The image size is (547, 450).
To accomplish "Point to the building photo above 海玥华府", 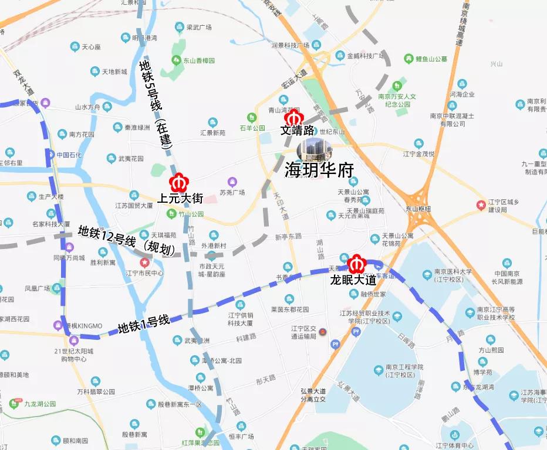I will point(313,149).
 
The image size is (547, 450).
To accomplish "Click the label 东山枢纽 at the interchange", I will point(417,209).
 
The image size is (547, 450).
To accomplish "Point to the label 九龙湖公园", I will point(39,404).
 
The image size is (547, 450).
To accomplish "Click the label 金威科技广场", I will point(364,56).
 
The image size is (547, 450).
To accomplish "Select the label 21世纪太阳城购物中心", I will point(73,355).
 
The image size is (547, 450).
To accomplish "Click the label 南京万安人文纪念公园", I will point(404,100).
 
